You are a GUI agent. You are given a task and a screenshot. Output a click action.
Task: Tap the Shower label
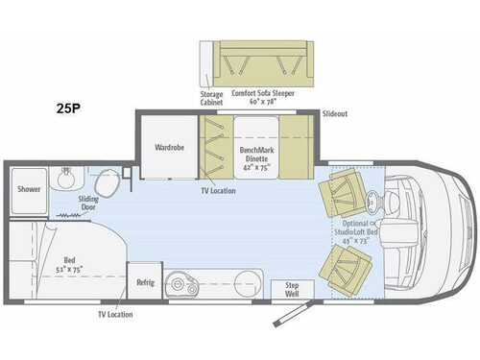coord(29,189)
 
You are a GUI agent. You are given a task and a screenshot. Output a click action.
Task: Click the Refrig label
coord(145,282)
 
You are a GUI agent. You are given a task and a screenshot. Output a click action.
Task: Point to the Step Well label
coord(287,289)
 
